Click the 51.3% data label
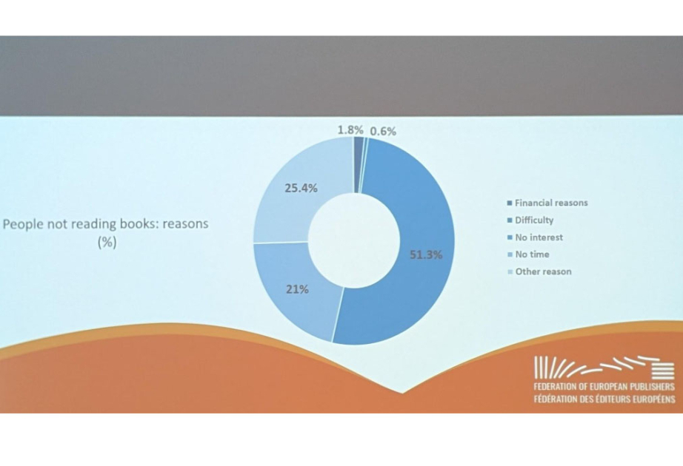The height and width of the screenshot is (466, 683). pos(426,255)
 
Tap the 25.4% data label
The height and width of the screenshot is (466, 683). pos(301,189)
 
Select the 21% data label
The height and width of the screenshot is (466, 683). pos(298,289)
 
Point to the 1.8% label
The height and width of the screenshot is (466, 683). pos(350,129)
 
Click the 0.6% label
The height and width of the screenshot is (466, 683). pos(383,132)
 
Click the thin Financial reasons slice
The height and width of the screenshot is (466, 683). pos(359,164)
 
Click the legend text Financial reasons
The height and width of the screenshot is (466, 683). pos(551,203)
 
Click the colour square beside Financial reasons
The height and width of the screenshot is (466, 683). pos(510,203)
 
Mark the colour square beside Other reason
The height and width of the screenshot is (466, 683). pos(510,272)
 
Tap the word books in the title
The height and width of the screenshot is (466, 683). pos(138,223)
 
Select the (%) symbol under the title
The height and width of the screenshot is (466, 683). pos(107,242)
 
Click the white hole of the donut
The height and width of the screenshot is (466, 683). pos(354,240)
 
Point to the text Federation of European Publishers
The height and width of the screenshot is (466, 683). pos(604,386)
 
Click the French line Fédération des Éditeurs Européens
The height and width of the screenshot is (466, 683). pos(604,399)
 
